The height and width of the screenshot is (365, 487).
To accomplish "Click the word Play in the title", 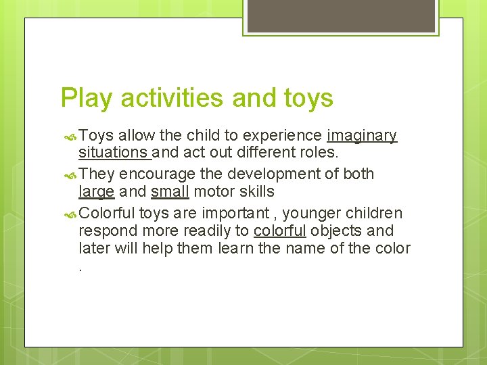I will (85, 98).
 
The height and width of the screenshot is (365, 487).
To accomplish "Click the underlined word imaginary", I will (362, 136).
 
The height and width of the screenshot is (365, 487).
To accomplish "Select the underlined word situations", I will (113, 154).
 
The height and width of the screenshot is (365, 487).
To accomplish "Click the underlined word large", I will (96, 193).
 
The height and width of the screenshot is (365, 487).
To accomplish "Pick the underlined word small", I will (170, 193).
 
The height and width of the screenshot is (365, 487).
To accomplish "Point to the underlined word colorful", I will (280, 230).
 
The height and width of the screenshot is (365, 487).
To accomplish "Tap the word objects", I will (338, 230).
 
